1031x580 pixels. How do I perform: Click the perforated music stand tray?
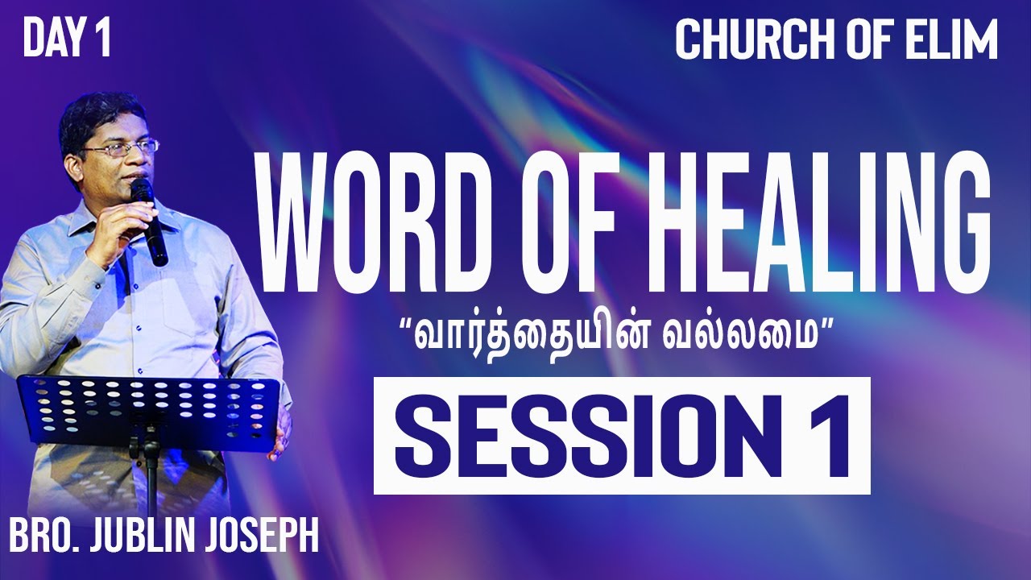pos(149,403)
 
